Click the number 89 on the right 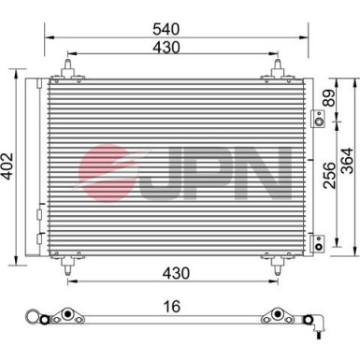pos(327,98)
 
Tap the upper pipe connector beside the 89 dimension pos(318,119)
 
